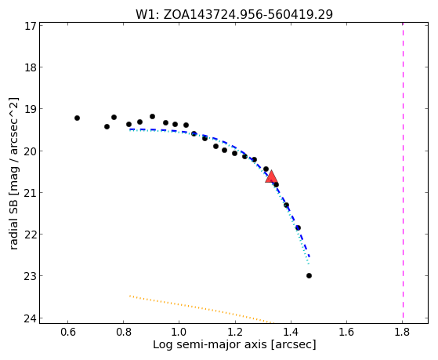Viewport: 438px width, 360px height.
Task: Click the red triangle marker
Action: click(271, 176)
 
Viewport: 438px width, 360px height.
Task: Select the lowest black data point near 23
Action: click(309, 276)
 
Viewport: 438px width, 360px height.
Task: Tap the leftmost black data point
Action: click(77, 118)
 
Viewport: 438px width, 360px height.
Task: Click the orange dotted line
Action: click(201, 309)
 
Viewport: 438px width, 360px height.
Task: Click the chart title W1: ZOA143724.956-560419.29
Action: click(234, 14)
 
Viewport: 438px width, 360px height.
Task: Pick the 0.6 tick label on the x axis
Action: click(67, 332)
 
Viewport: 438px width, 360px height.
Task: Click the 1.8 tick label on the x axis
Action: click(402, 332)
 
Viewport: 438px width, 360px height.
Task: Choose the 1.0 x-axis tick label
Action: click(179, 332)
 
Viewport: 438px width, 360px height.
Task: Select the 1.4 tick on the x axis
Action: click(291, 332)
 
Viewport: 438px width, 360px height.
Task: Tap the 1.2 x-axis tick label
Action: click(235, 332)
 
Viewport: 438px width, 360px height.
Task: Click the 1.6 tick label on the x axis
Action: click(346, 332)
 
